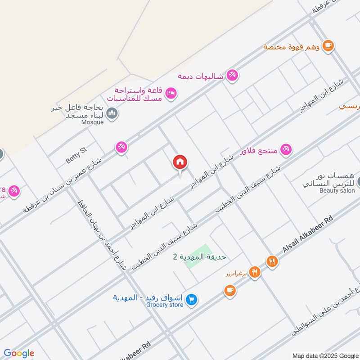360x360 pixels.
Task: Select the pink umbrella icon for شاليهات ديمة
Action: (x=232, y=75)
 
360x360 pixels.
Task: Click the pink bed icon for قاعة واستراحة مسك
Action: (x=171, y=93)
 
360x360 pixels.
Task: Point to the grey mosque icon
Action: (x=112, y=113)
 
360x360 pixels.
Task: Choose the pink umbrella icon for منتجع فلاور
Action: (x=286, y=149)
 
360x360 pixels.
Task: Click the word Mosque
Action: (x=92, y=122)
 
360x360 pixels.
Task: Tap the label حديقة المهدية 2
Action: (x=199, y=256)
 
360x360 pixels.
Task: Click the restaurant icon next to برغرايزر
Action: (x=255, y=272)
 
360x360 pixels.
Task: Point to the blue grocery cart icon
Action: (x=192, y=299)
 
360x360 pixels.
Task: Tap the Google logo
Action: (x=19, y=353)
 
